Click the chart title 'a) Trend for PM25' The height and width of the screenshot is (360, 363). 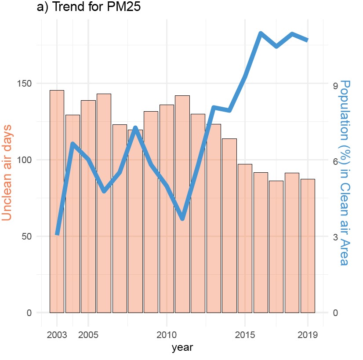pos(88,8)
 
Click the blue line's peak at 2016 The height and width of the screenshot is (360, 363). pos(261,34)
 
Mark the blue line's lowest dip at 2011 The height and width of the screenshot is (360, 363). pos(182,218)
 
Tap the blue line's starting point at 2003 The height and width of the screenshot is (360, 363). pos(57,234)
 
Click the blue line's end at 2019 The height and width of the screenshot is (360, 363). pos(308,40)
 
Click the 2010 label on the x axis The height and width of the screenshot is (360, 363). pos(167,335)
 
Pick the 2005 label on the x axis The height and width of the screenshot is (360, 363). pos(88,335)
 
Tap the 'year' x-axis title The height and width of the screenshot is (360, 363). pos(182,348)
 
